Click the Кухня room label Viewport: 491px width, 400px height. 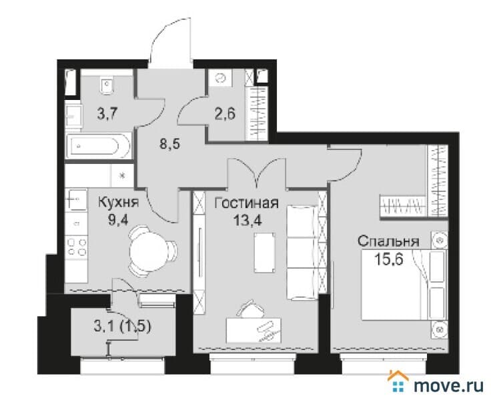(x=118, y=202)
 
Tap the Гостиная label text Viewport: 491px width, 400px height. (x=246, y=203)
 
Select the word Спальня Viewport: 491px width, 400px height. (x=388, y=241)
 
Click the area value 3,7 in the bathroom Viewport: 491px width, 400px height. (x=107, y=113)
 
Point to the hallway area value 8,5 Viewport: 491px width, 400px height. (x=169, y=144)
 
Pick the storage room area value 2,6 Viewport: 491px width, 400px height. (x=225, y=113)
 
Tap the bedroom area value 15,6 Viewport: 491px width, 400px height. (x=389, y=259)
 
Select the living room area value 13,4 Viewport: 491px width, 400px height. (x=248, y=221)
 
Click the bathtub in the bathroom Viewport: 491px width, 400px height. (x=98, y=146)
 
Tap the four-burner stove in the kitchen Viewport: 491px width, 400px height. (x=77, y=247)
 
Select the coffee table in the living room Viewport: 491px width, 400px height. (x=265, y=253)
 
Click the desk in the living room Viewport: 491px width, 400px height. (x=254, y=331)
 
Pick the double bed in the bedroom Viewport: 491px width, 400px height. (x=404, y=285)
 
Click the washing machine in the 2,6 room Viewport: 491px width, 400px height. (x=221, y=77)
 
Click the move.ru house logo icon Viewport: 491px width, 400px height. (x=398, y=381)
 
